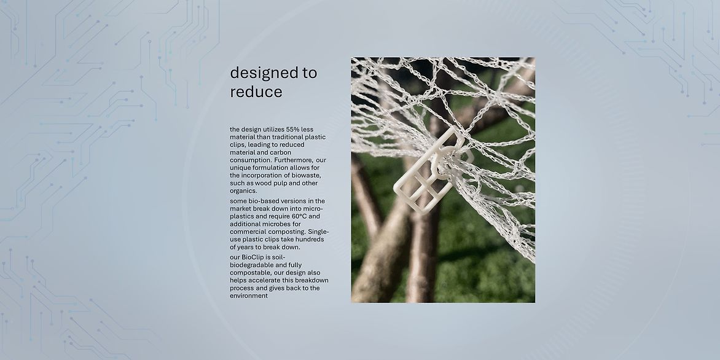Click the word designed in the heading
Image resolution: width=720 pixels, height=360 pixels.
pos(264,73)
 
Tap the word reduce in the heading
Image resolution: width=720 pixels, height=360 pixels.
pos(256,92)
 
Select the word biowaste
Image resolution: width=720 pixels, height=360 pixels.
pos(307,176)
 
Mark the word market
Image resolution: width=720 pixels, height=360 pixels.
pos(240,208)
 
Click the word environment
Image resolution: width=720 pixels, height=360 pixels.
pos(249,295)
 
